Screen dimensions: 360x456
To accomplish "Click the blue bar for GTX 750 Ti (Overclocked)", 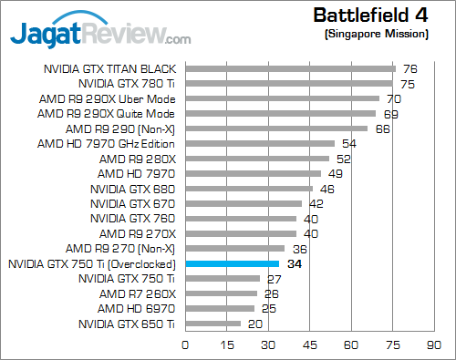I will (x=232, y=263).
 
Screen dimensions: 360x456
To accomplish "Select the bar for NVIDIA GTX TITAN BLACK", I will (x=290, y=68).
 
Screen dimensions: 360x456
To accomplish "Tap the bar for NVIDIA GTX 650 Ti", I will (x=212, y=324).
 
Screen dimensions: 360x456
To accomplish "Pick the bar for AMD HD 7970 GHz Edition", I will (x=260, y=143).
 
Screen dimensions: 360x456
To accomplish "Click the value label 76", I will (x=409, y=68).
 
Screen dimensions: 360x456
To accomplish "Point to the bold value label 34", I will (x=295, y=263).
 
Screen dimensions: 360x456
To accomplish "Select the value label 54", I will (x=348, y=143).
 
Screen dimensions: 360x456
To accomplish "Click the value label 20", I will (x=255, y=324).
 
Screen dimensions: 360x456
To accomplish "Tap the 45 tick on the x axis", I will (x=309, y=345).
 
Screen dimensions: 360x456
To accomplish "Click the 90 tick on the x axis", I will (x=433, y=345).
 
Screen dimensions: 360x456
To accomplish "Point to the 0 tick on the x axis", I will (x=185, y=345).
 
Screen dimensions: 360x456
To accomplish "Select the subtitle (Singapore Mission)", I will (x=376, y=34).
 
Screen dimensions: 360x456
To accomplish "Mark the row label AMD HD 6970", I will (x=143, y=308).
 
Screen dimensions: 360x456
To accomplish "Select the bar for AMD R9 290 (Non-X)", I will (x=276, y=129).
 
